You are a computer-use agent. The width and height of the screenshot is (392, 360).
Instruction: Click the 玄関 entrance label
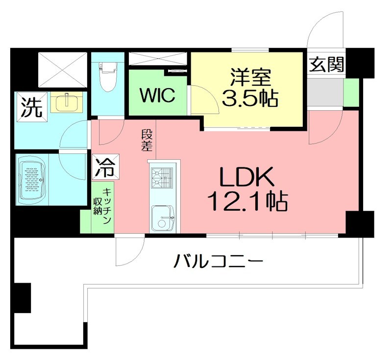tap(326, 64)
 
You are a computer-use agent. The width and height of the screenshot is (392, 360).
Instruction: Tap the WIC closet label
tap(157, 95)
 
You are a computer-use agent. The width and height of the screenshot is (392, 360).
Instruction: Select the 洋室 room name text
tap(250, 78)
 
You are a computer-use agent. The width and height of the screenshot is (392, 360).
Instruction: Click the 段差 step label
tap(146, 140)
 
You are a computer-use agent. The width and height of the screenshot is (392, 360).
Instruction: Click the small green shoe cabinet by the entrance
tap(351, 92)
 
